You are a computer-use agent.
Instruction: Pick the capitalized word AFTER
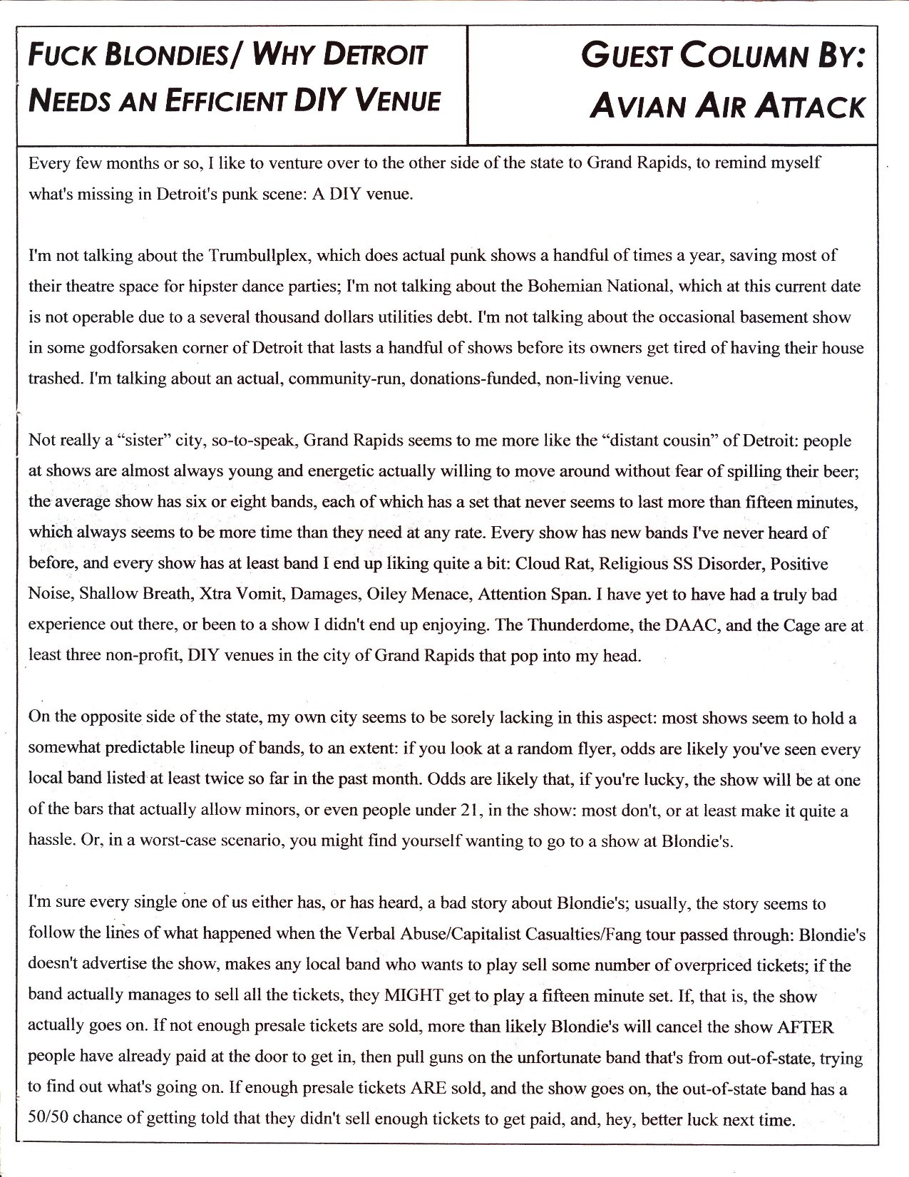tap(804, 1027)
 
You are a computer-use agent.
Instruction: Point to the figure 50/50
tap(47, 1119)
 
